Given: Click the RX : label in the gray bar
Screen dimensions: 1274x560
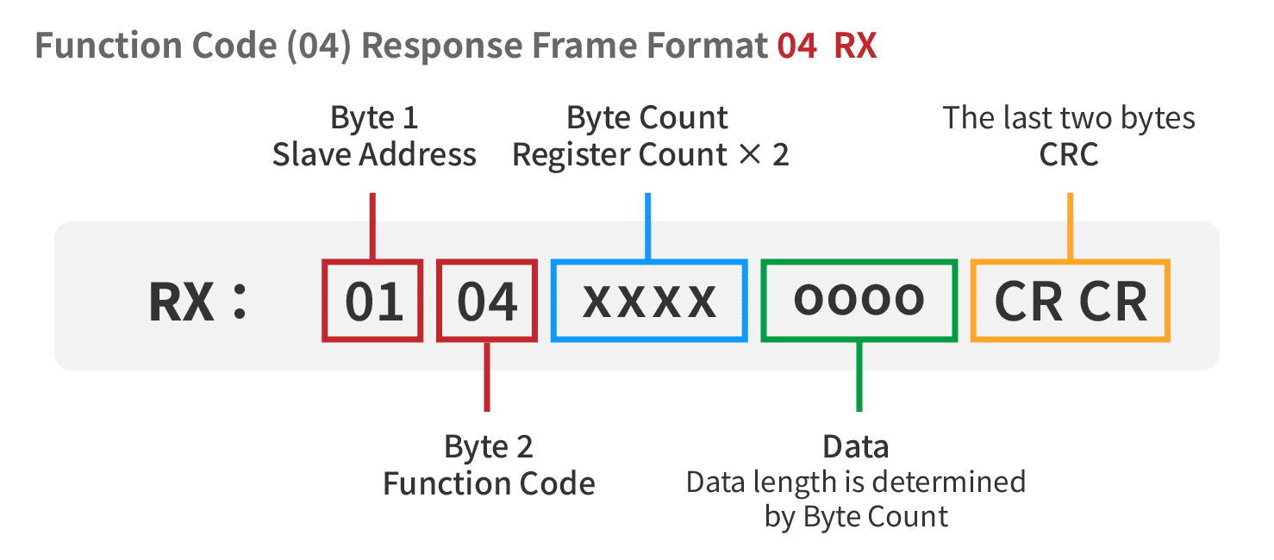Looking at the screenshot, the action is [x=197, y=302].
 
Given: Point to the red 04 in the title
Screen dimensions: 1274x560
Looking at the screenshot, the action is [x=797, y=46].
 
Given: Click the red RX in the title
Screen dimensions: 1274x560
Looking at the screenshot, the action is [x=855, y=46].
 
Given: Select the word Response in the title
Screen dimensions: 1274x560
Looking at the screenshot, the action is [x=442, y=47].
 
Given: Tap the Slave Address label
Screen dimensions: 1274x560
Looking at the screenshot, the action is [x=374, y=154].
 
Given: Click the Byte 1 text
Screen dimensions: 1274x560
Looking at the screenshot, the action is [x=374, y=118].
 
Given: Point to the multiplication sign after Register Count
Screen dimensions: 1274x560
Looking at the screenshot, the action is [x=750, y=154].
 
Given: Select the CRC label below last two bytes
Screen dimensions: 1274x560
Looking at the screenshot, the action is [x=1069, y=154].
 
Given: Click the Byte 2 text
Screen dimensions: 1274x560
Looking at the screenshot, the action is [x=489, y=447].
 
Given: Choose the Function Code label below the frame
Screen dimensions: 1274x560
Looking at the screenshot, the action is [x=489, y=484].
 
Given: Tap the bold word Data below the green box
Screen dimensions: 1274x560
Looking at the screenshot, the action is [x=856, y=447].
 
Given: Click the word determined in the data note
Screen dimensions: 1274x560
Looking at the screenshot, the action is [x=949, y=482].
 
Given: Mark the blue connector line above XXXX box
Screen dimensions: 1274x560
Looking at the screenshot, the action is [x=648, y=227].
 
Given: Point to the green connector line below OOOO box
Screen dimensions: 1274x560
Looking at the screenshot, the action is [x=859, y=376].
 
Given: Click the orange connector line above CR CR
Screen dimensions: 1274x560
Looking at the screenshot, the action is [x=1071, y=227].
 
